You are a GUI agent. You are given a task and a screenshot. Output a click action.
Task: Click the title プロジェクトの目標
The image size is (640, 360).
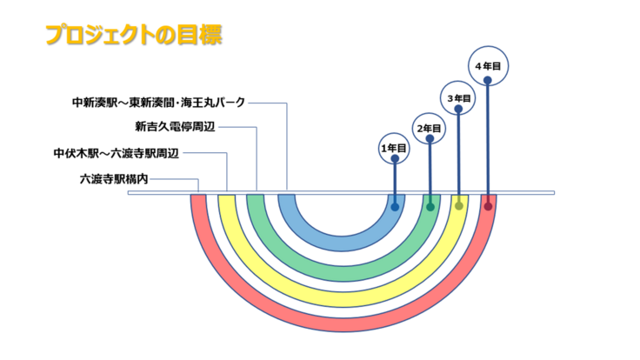(133, 35)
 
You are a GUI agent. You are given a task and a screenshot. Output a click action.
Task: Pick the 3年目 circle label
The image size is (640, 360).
(458, 98)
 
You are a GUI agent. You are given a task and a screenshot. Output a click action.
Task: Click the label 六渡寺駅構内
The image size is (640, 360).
(114, 179)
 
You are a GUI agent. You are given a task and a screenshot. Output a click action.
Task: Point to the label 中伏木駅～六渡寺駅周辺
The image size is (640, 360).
(116, 153)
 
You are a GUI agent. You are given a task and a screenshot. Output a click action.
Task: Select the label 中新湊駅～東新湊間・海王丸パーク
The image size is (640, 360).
(158, 103)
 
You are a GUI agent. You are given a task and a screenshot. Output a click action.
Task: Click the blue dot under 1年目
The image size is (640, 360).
(396, 207)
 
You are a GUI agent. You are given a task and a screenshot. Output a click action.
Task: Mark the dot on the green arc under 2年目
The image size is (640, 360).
(430, 207)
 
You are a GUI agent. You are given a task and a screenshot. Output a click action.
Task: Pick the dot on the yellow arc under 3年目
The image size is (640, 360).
(458, 207)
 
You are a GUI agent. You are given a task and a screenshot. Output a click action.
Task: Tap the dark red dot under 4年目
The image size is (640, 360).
(488, 207)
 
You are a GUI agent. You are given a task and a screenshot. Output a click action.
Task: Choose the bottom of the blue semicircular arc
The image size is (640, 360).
(343, 247)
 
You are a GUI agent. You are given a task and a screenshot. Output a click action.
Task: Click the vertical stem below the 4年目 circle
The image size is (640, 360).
(488, 139)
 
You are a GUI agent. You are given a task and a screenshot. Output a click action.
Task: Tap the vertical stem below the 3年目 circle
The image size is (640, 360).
(458, 152)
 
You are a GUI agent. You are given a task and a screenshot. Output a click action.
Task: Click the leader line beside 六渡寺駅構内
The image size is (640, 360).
(178, 179)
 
